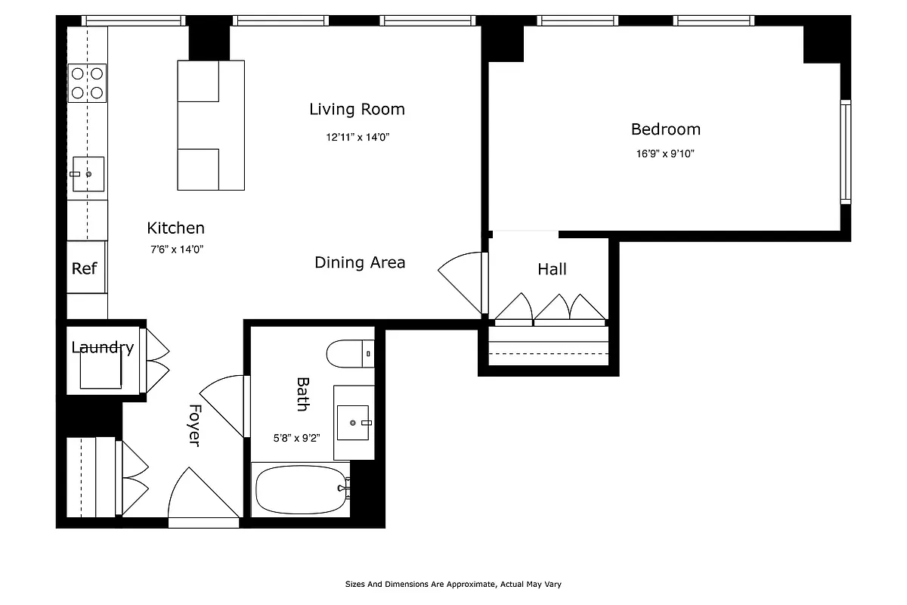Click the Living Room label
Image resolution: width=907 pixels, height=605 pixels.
[x=357, y=110]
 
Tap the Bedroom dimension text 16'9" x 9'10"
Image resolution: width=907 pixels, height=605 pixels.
[x=665, y=154]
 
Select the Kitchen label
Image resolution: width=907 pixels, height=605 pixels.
[x=175, y=228]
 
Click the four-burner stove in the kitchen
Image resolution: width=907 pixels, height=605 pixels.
[x=87, y=83]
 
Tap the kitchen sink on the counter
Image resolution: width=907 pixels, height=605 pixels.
[x=88, y=173]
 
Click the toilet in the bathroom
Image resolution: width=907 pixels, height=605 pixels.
[x=350, y=353]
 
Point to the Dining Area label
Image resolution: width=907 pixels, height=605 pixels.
[x=360, y=262]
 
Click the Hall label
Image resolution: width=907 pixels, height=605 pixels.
[x=552, y=269]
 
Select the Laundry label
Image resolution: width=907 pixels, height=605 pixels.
[x=102, y=348]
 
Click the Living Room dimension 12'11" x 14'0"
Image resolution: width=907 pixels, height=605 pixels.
[x=358, y=138]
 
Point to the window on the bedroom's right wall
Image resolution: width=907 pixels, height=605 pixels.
[x=846, y=151]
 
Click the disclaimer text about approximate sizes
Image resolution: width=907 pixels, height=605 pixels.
[x=453, y=584]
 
